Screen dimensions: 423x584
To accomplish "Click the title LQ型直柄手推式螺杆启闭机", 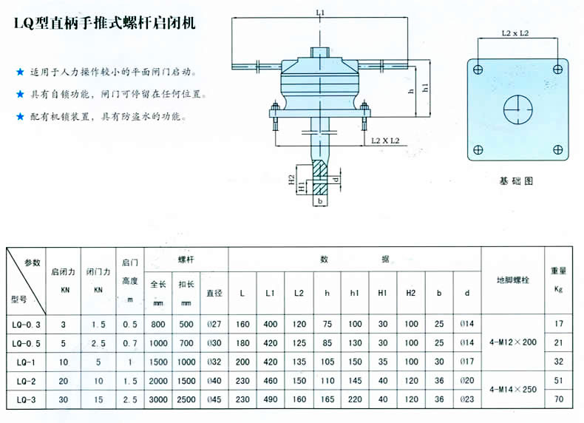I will (x=105, y=24).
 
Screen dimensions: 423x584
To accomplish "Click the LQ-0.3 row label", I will (x=27, y=324).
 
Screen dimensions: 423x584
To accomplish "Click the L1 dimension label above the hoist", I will (x=319, y=13).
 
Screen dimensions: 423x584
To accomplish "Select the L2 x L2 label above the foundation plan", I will (x=515, y=33).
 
